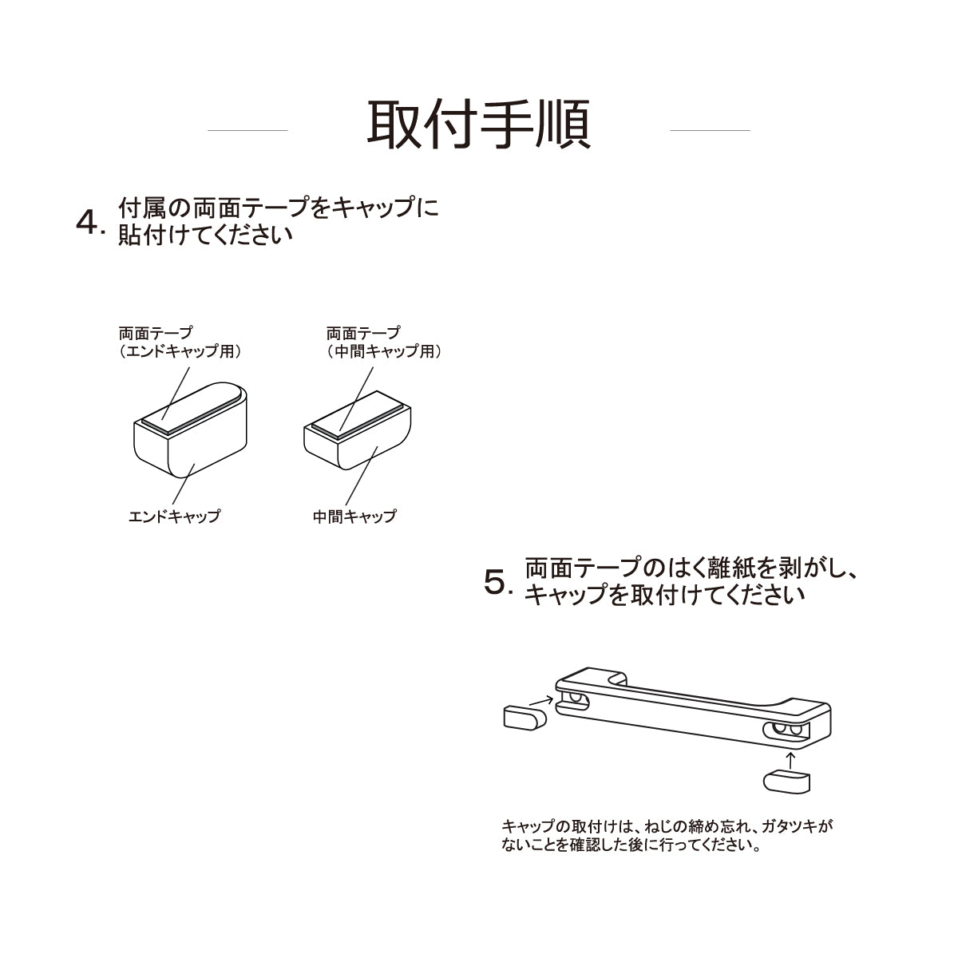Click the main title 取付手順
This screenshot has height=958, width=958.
[479, 125]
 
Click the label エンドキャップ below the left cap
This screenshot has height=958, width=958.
[174, 516]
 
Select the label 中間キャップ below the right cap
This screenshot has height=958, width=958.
[354, 516]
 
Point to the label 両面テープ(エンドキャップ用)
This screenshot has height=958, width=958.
[180, 342]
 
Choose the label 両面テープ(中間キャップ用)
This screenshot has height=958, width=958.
[384, 342]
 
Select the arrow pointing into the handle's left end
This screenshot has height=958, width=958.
[541, 702]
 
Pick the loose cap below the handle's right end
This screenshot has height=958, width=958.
[786, 782]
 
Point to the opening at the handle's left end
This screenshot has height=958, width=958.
[572, 702]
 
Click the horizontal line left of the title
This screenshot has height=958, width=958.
[247, 130]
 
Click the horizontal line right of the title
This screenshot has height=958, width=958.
[710, 130]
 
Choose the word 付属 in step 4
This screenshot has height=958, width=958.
[142, 208]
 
